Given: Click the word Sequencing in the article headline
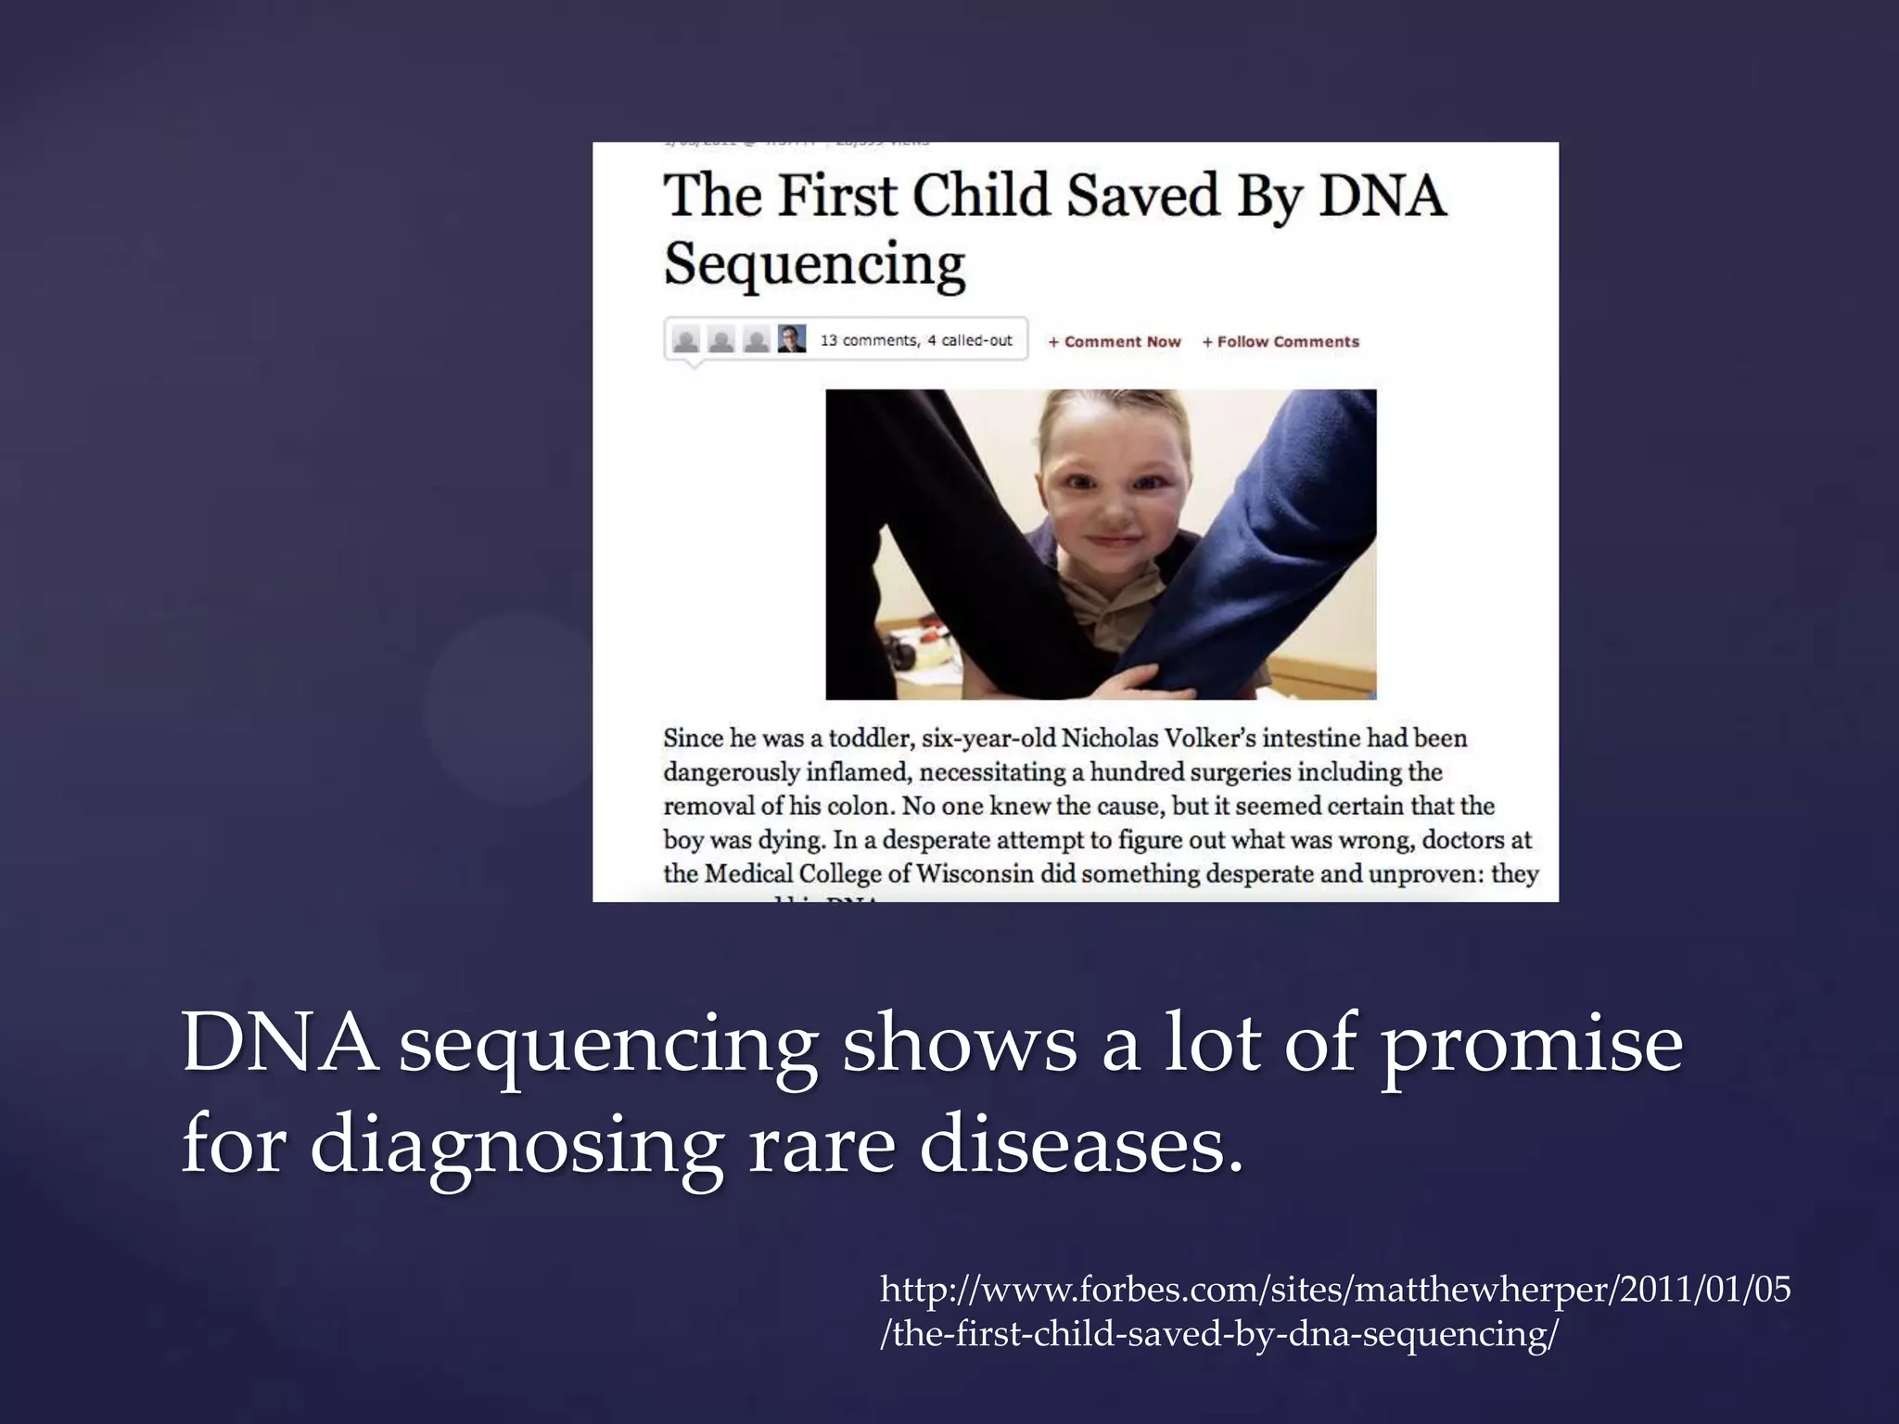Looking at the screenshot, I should (x=814, y=264).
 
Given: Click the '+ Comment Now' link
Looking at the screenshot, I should (x=1114, y=342).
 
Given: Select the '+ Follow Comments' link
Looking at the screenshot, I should (x=1281, y=342).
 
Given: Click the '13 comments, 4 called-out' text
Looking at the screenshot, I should (x=916, y=340).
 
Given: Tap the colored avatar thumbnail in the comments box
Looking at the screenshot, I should (x=792, y=339).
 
